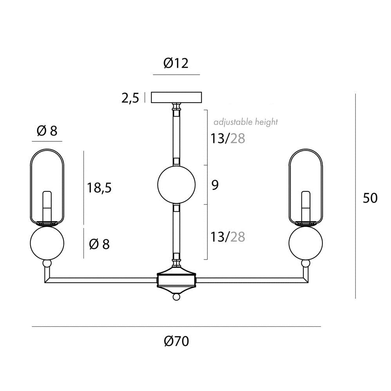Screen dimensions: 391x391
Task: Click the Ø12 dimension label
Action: [x=176, y=63]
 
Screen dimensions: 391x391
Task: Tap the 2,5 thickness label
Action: [x=130, y=98]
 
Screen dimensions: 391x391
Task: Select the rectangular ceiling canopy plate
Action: [x=177, y=97]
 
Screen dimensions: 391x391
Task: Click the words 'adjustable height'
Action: [x=245, y=122]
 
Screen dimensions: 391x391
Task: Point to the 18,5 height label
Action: [x=99, y=188]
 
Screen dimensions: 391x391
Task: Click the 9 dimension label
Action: [x=215, y=185]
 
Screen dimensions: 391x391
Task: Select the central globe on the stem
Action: [x=176, y=184]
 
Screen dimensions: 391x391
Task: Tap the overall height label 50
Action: [x=370, y=198]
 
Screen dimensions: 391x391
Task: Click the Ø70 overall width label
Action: [x=176, y=341]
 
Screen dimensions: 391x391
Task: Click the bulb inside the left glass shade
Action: [x=47, y=205]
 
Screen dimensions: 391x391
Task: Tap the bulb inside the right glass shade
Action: [x=306, y=205]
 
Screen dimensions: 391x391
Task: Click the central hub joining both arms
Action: [x=176, y=280]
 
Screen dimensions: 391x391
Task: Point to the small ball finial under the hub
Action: [x=176, y=297]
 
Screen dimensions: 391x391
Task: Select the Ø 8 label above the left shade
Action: [x=47, y=131]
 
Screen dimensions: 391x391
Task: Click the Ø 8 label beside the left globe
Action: [x=99, y=244]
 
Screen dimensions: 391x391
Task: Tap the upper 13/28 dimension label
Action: [x=228, y=138]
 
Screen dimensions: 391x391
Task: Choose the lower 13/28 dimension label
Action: [x=228, y=236]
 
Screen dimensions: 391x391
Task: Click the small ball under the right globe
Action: [x=306, y=264]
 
